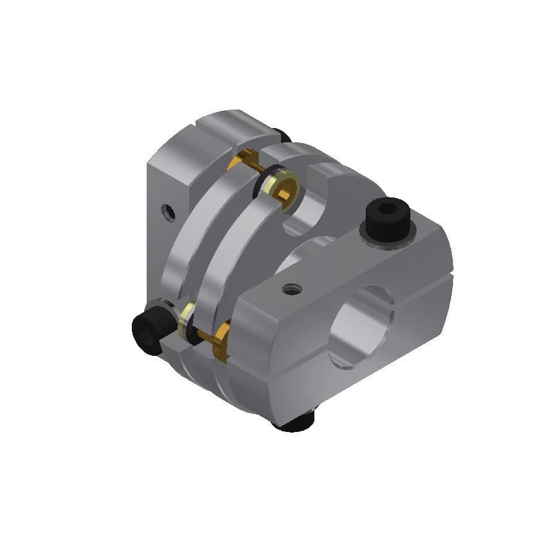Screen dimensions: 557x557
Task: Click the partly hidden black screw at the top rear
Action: [282, 134]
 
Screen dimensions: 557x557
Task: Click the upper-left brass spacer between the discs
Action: [236, 162]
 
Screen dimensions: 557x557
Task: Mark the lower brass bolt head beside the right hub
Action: [221, 342]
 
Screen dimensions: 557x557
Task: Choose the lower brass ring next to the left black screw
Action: [183, 321]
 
